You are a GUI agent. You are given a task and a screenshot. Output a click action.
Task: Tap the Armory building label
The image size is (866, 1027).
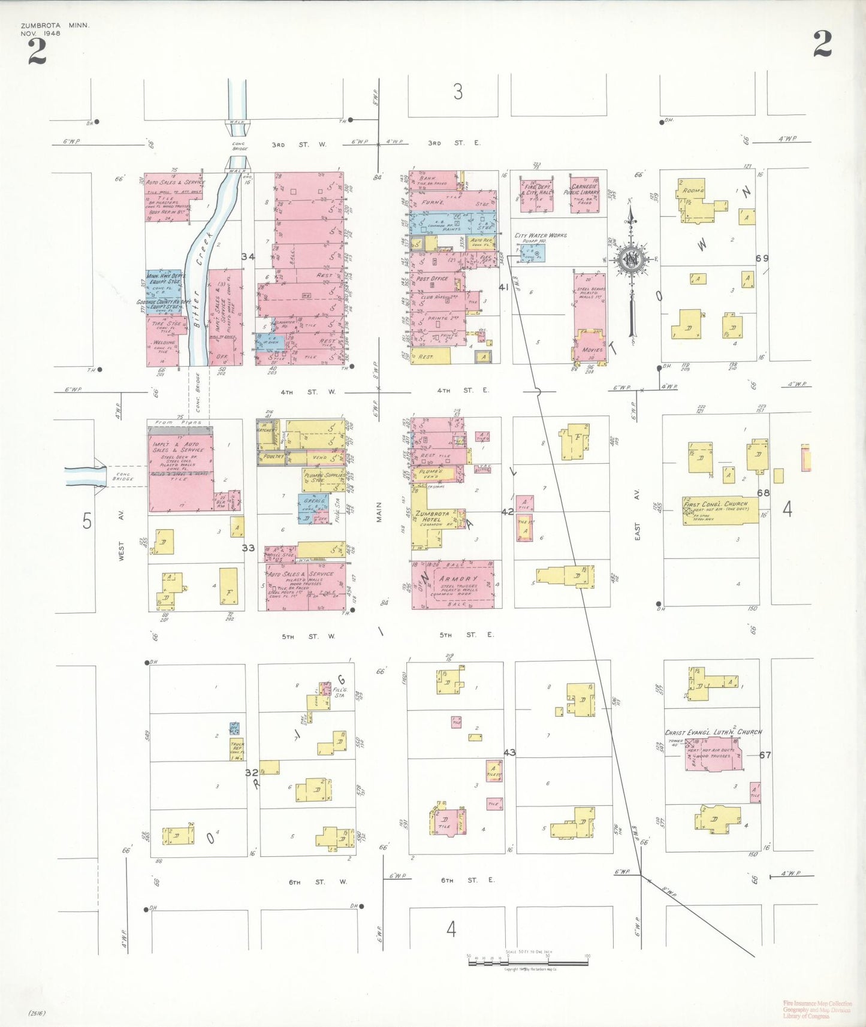[x=458, y=579]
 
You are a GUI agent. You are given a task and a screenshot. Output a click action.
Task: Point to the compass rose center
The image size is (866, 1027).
[x=631, y=260]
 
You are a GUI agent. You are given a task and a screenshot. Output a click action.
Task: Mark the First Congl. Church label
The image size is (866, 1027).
[x=716, y=505]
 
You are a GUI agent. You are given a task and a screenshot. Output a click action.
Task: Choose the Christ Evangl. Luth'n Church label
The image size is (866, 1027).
[x=713, y=732]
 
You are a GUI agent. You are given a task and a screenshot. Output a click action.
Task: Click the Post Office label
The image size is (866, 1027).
[x=432, y=279]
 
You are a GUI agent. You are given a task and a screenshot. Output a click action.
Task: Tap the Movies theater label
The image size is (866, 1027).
[x=592, y=350]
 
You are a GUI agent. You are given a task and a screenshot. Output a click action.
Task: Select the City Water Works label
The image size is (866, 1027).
[x=541, y=235]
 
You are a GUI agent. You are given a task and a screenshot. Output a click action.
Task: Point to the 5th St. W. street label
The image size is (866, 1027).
[x=309, y=636]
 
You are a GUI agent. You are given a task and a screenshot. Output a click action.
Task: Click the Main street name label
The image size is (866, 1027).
[x=379, y=512]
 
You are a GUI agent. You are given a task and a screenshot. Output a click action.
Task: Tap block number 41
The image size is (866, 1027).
[x=503, y=288]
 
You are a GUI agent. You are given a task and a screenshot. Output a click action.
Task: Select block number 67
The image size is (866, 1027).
[x=765, y=755]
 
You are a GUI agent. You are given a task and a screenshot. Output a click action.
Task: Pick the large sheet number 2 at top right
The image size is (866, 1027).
[x=822, y=44]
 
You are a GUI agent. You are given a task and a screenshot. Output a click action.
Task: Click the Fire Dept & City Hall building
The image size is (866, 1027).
[x=537, y=195]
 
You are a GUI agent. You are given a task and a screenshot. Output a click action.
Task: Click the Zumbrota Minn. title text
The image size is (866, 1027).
[x=55, y=26]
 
